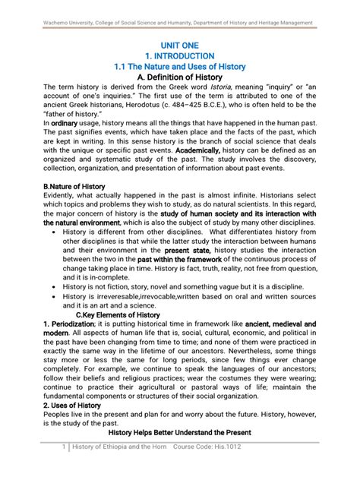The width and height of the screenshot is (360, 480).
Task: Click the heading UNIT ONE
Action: (181, 46)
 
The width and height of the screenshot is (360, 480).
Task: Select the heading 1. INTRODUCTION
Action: (181, 56)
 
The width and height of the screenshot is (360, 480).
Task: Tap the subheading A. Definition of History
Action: (181, 77)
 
